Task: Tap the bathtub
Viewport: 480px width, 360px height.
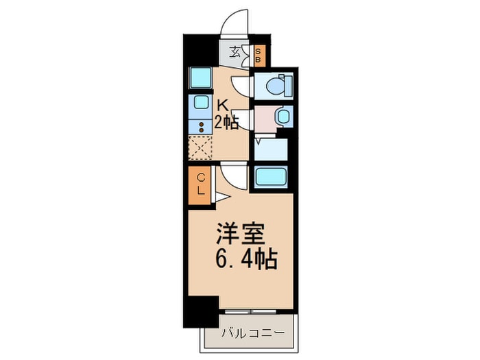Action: (273, 177)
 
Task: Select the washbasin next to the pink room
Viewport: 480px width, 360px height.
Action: (282, 115)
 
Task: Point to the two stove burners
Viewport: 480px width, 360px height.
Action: (200, 126)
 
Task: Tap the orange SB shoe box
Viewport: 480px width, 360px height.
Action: (258, 55)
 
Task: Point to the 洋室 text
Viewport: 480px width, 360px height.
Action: (239, 235)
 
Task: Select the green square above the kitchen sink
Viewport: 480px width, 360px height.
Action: (200, 78)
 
